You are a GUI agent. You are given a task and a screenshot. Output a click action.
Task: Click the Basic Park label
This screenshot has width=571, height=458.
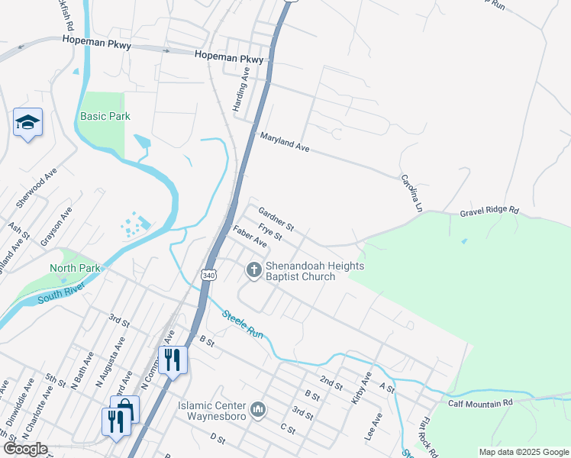click(x=105, y=116)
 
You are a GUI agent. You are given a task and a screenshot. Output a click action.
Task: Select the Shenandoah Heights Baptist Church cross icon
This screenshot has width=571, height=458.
click(x=253, y=269)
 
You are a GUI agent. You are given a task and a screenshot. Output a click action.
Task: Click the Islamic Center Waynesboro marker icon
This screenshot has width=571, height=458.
click(x=258, y=410)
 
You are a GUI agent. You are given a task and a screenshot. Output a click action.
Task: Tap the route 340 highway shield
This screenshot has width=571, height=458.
click(x=208, y=274)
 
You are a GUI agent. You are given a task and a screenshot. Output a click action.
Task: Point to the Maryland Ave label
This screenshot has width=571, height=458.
click(x=285, y=142)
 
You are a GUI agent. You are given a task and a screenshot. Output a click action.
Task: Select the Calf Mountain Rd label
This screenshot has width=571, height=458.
click(x=480, y=403)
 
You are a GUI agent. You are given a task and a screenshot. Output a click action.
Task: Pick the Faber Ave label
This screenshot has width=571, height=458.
click(x=250, y=237)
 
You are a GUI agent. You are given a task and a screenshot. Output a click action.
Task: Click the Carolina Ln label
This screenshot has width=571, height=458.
click(x=411, y=192)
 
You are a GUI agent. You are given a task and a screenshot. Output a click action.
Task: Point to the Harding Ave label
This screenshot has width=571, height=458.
click(x=241, y=90)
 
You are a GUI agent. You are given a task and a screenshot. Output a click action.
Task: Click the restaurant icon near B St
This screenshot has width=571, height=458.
click(x=173, y=359)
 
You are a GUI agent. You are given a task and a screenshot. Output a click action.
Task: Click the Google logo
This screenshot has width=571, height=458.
click(x=25, y=449)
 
